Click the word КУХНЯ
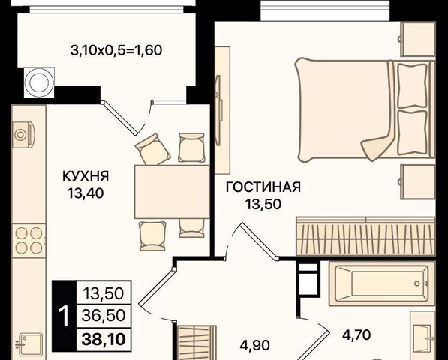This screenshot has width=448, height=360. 86,176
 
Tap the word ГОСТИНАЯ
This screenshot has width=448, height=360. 263,187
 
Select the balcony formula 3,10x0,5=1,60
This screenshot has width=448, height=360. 116,50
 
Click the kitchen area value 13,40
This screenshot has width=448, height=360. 86,193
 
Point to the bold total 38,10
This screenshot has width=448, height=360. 104,340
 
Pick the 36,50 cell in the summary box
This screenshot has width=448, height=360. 104,316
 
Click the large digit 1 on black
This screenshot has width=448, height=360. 64,316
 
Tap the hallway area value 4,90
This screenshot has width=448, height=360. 254,345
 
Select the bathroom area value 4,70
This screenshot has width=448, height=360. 356,334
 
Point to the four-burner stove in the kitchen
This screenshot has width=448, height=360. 29,241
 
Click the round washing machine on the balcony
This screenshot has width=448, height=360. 39,82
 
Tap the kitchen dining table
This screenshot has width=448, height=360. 172,192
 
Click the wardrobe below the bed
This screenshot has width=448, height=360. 365,236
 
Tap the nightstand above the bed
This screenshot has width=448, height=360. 418,39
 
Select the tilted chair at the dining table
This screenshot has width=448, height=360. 153,149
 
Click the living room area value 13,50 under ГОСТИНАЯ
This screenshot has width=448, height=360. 263,204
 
